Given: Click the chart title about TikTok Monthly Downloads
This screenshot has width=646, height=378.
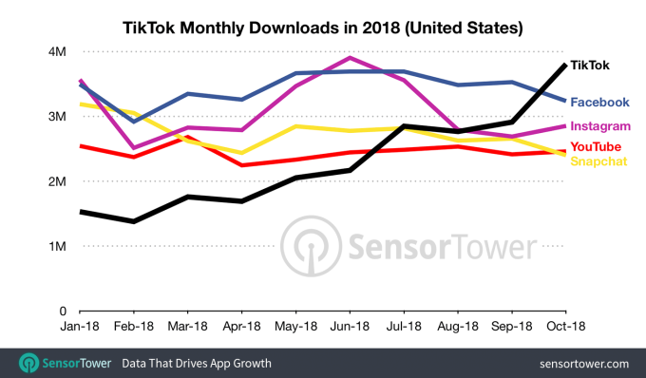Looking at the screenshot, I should tap(322, 28).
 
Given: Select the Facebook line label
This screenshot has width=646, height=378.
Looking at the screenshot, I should tap(599, 102).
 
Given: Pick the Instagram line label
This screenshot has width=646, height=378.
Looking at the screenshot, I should tap(600, 126).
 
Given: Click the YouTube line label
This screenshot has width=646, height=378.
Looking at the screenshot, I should tap(596, 146).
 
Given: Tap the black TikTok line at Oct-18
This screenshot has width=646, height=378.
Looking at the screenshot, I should tap(564, 65).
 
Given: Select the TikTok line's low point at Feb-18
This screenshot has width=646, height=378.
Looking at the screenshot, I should tap(134, 221).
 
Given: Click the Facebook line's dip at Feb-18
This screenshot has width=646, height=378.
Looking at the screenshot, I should tap(134, 122).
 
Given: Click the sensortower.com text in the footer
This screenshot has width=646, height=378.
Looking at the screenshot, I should tap(581, 363).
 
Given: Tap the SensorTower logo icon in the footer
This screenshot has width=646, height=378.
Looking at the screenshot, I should tap(28, 363).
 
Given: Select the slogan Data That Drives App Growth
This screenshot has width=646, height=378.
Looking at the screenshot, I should tap(195, 363).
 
